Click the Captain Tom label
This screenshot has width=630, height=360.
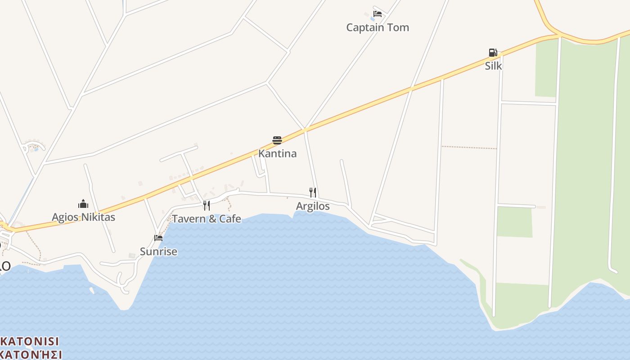(x=378, y=27)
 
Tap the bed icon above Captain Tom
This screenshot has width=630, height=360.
(x=378, y=14)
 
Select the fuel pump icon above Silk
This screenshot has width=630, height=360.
(x=493, y=53)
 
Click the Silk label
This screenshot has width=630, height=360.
(x=493, y=66)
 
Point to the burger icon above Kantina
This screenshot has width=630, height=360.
(x=277, y=140)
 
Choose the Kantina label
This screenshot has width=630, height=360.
(x=277, y=153)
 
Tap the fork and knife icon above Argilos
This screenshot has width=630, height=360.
(x=313, y=193)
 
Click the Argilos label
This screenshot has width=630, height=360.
(x=313, y=206)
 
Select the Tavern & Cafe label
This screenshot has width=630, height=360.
(x=207, y=219)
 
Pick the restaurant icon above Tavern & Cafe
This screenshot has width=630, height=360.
(x=207, y=206)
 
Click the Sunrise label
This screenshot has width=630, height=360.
(x=158, y=252)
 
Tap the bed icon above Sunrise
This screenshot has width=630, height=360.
(x=158, y=238)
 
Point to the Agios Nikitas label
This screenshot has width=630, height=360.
(x=83, y=217)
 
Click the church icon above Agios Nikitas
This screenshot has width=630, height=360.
(x=83, y=204)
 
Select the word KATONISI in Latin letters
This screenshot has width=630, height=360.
(x=30, y=341)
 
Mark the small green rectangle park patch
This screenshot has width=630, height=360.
(x=514, y=222)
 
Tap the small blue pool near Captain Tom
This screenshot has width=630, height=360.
(x=372, y=19)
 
